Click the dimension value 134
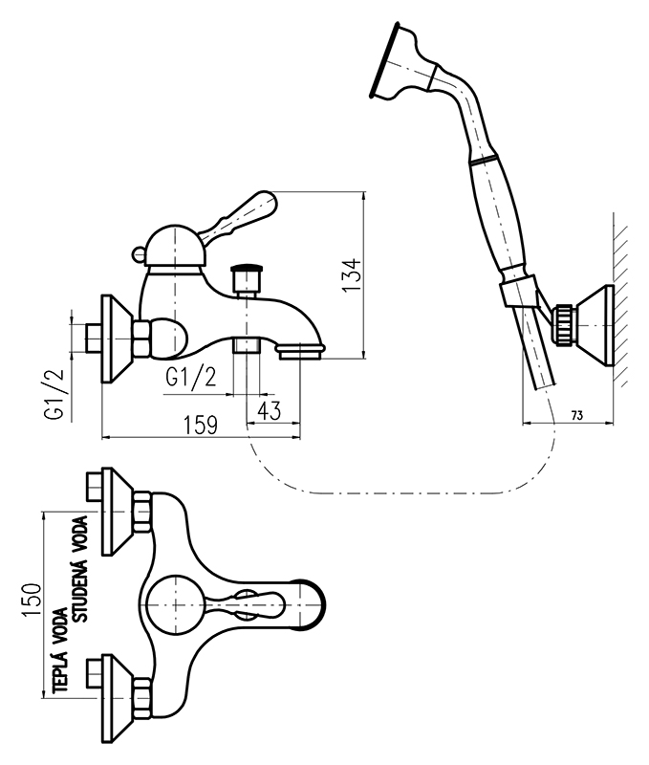coord(351,275)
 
